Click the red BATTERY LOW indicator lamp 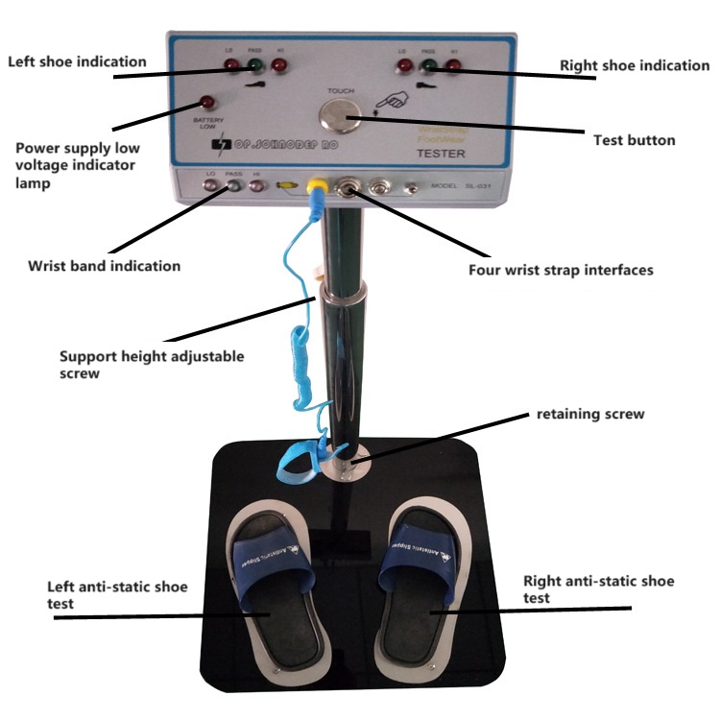click(x=204, y=103)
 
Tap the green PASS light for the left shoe click(x=255, y=66)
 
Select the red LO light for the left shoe click(x=231, y=66)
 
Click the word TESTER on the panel click(x=441, y=153)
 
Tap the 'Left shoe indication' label click(x=77, y=61)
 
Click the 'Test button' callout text click(x=635, y=140)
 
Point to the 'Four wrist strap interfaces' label click(x=561, y=270)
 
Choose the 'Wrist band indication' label click(x=104, y=265)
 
